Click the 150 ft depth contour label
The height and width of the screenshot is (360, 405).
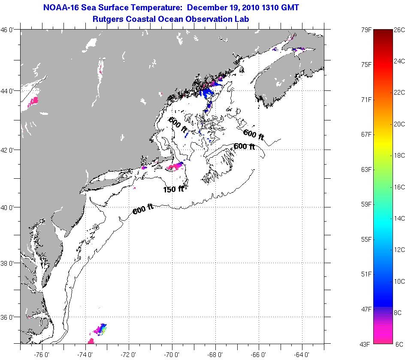pos(173,189)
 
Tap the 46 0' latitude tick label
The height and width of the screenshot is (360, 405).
pos(9,30)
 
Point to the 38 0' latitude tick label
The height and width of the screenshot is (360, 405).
pos(9,263)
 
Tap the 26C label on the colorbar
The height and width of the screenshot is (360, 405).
pos(399,30)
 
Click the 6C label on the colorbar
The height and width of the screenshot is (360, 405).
pos(399,344)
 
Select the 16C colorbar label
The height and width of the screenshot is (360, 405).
pos(399,187)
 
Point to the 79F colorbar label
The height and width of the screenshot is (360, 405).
pos(366,30)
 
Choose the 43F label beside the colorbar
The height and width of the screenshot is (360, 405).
pos(366,344)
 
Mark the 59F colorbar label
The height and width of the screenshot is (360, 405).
pos(366,204)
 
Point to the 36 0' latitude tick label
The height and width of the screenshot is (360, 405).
pos(9,317)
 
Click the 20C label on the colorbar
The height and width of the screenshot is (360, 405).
pos(399,124)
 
